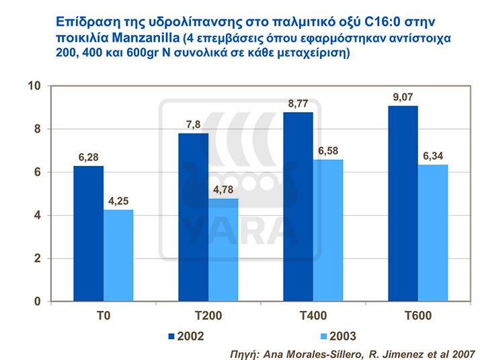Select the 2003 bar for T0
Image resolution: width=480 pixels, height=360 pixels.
[118, 255]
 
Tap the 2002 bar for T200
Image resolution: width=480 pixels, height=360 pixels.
[193, 217]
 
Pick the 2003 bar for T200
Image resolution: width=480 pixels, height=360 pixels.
[223, 250]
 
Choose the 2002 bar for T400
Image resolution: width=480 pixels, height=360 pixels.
[298, 206]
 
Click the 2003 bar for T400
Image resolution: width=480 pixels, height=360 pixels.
[328, 230]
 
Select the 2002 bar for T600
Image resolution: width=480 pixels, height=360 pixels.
[403, 204]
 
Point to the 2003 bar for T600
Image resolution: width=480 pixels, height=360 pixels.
[433, 233]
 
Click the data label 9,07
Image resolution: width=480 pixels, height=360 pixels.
[403, 97]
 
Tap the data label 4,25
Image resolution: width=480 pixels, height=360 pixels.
[118, 201]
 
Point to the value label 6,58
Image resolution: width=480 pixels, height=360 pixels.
[328, 151]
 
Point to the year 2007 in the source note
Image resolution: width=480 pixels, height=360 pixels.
[463, 352]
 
